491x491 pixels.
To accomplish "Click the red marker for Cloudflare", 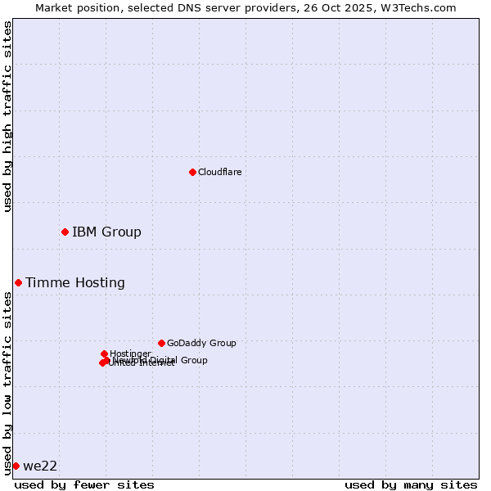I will pos(192,172).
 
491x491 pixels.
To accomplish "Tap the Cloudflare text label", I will pos(219,172).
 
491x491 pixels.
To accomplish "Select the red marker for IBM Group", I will pos(65,232).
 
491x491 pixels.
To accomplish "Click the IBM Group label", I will pos(106,232).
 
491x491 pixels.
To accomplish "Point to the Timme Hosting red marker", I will pos(18,283).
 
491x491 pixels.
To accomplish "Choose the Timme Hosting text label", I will pos(75,283).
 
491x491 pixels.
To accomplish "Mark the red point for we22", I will pos(16,466).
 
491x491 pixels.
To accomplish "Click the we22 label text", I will pos(40,466).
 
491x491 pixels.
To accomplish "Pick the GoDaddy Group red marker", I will pos(161,343).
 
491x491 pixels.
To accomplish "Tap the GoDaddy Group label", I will pos(201,343).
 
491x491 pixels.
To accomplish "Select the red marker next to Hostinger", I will pos(104,354).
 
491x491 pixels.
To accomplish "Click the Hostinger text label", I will pos(130,354).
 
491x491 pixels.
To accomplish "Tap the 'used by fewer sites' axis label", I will pos(84,484).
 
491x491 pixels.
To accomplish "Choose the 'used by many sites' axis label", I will pos(411,484).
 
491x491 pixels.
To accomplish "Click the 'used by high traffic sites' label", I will pos(7,116).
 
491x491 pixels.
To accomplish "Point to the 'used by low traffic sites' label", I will pos(7,383).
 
